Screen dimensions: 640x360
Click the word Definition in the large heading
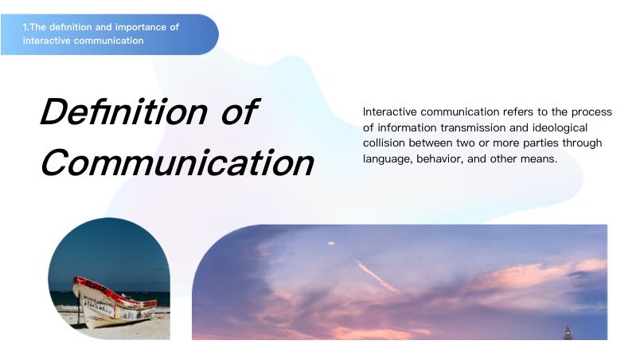pyautogui.click(x=124, y=112)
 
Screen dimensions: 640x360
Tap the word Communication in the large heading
pyautogui.click(x=178, y=162)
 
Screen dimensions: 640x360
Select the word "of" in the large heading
pyautogui.click(x=239, y=112)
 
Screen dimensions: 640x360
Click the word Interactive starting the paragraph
pyautogui.click(x=390, y=112)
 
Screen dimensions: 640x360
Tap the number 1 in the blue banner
pyautogui.click(x=25, y=27)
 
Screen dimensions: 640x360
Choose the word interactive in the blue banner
pyautogui.click(x=46, y=41)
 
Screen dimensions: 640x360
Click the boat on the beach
pyautogui.click(x=115, y=302)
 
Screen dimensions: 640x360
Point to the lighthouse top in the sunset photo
pyautogui.click(x=568, y=333)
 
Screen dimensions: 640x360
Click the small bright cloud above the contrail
pyautogui.click(x=331, y=244)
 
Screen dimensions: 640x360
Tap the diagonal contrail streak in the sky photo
pyautogui.click(x=379, y=277)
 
